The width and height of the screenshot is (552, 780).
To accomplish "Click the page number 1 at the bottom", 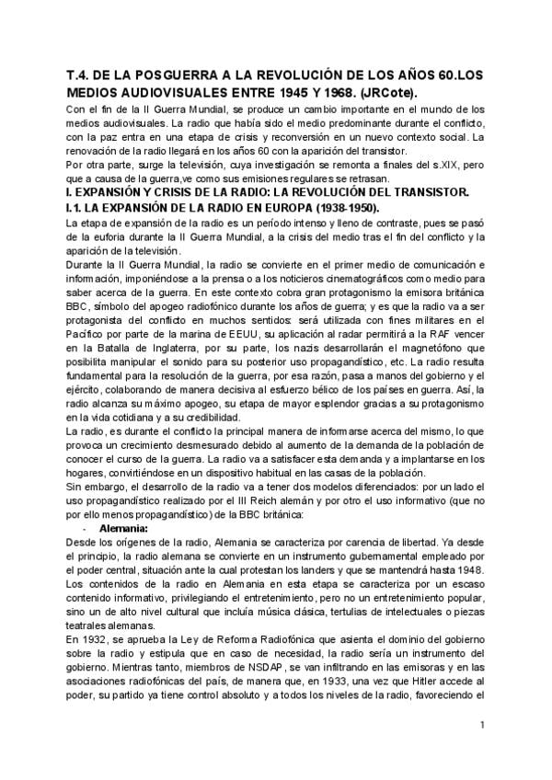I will pos(480,751).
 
